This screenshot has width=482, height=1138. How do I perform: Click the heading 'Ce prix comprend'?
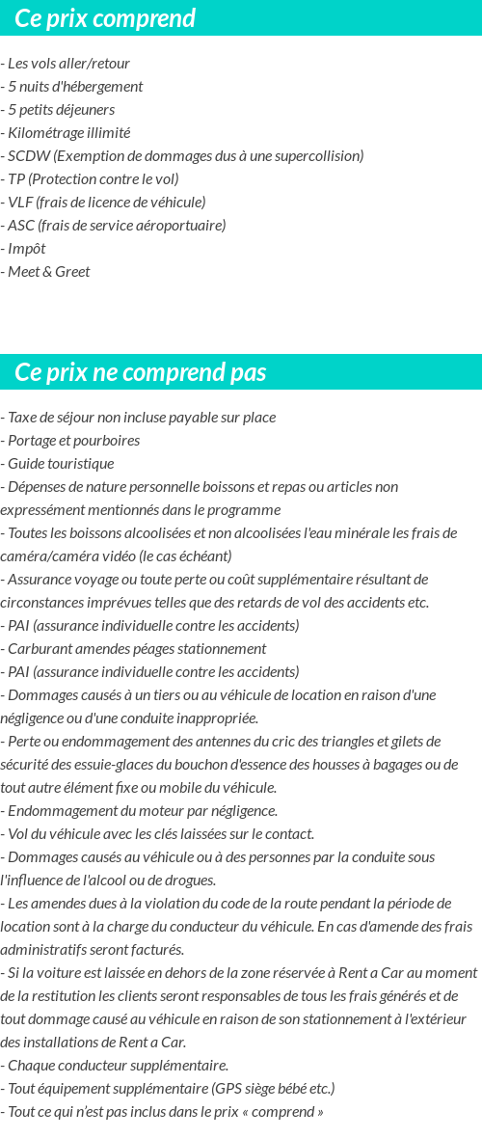tap(105, 18)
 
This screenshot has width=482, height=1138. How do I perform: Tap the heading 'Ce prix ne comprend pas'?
tap(141, 372)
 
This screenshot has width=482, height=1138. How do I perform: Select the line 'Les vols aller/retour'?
tap(68, 64)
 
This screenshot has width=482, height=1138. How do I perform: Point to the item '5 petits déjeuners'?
tap(61, 110)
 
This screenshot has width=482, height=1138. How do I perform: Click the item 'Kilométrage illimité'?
tap(68, 133)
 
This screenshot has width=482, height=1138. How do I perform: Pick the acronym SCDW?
tap(29, 156)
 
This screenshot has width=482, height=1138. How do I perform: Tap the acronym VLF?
tap(20, 203)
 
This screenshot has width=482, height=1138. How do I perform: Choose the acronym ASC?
tap(20, 226)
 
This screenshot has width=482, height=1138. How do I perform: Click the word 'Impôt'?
tap(27, 249)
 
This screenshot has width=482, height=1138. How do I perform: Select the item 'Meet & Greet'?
tap(48, 272)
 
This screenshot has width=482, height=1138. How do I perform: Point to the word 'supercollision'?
tap(316, 156)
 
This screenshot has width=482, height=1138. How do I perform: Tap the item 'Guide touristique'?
tap(60, 464)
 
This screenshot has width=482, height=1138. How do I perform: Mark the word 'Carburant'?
tap(38, 649)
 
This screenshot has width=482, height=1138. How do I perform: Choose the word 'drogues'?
tap(190, 881)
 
